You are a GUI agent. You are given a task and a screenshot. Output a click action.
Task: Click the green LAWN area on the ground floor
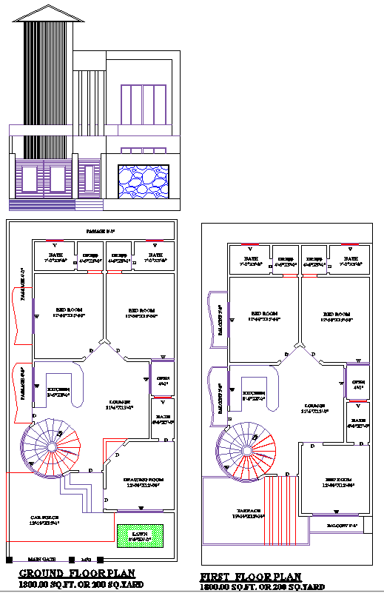point(140,535)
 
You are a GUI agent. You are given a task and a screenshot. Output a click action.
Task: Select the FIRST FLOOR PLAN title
point(252,577)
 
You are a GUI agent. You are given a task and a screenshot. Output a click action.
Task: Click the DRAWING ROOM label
point(144,480)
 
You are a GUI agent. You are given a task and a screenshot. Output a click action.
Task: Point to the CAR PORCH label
point(44,517)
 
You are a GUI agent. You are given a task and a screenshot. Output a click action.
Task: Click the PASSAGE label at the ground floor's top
point(101,232)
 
